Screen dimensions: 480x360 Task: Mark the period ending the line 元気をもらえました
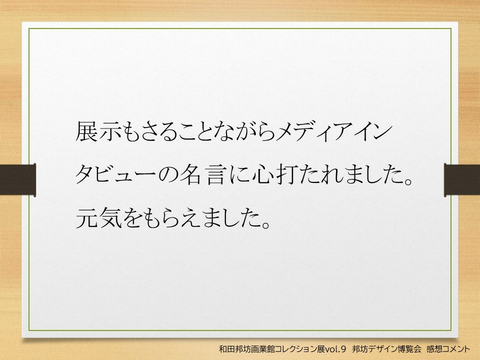pyautogui.click(x=265, y=224)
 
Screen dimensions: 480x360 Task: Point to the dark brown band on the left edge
pyautogui.click(x=18, y=180)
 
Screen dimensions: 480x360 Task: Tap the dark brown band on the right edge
pyautogui.click(x=462, y=180)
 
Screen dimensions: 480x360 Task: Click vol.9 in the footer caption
pyautogui.click(x=335, y=349)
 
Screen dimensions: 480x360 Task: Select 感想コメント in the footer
pyautogui.click(x=448, y=349)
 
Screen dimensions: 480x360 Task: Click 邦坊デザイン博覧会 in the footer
pyautogui.click(x=386, y=349)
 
